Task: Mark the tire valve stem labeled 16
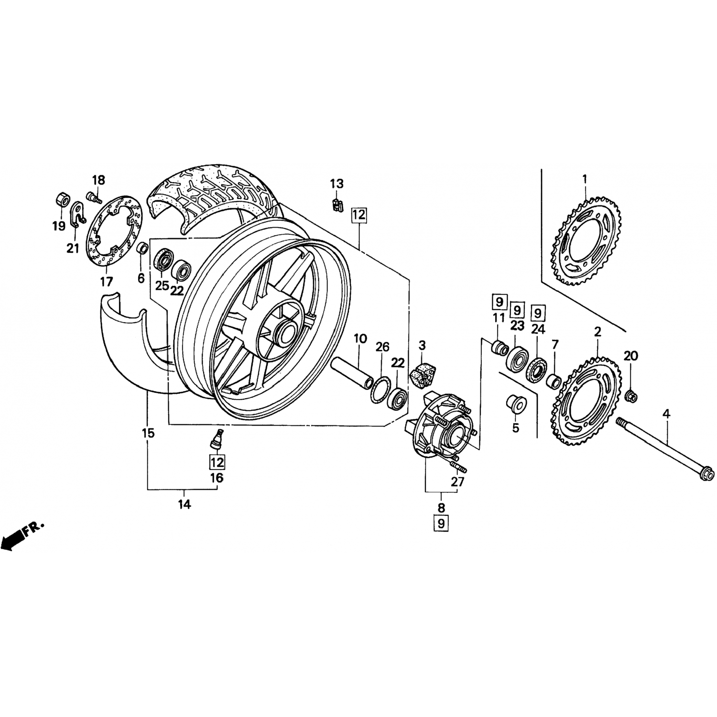(217, 438)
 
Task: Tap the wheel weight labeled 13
(336, 204)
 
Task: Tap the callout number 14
(185, 504)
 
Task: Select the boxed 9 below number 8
(441, 523)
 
